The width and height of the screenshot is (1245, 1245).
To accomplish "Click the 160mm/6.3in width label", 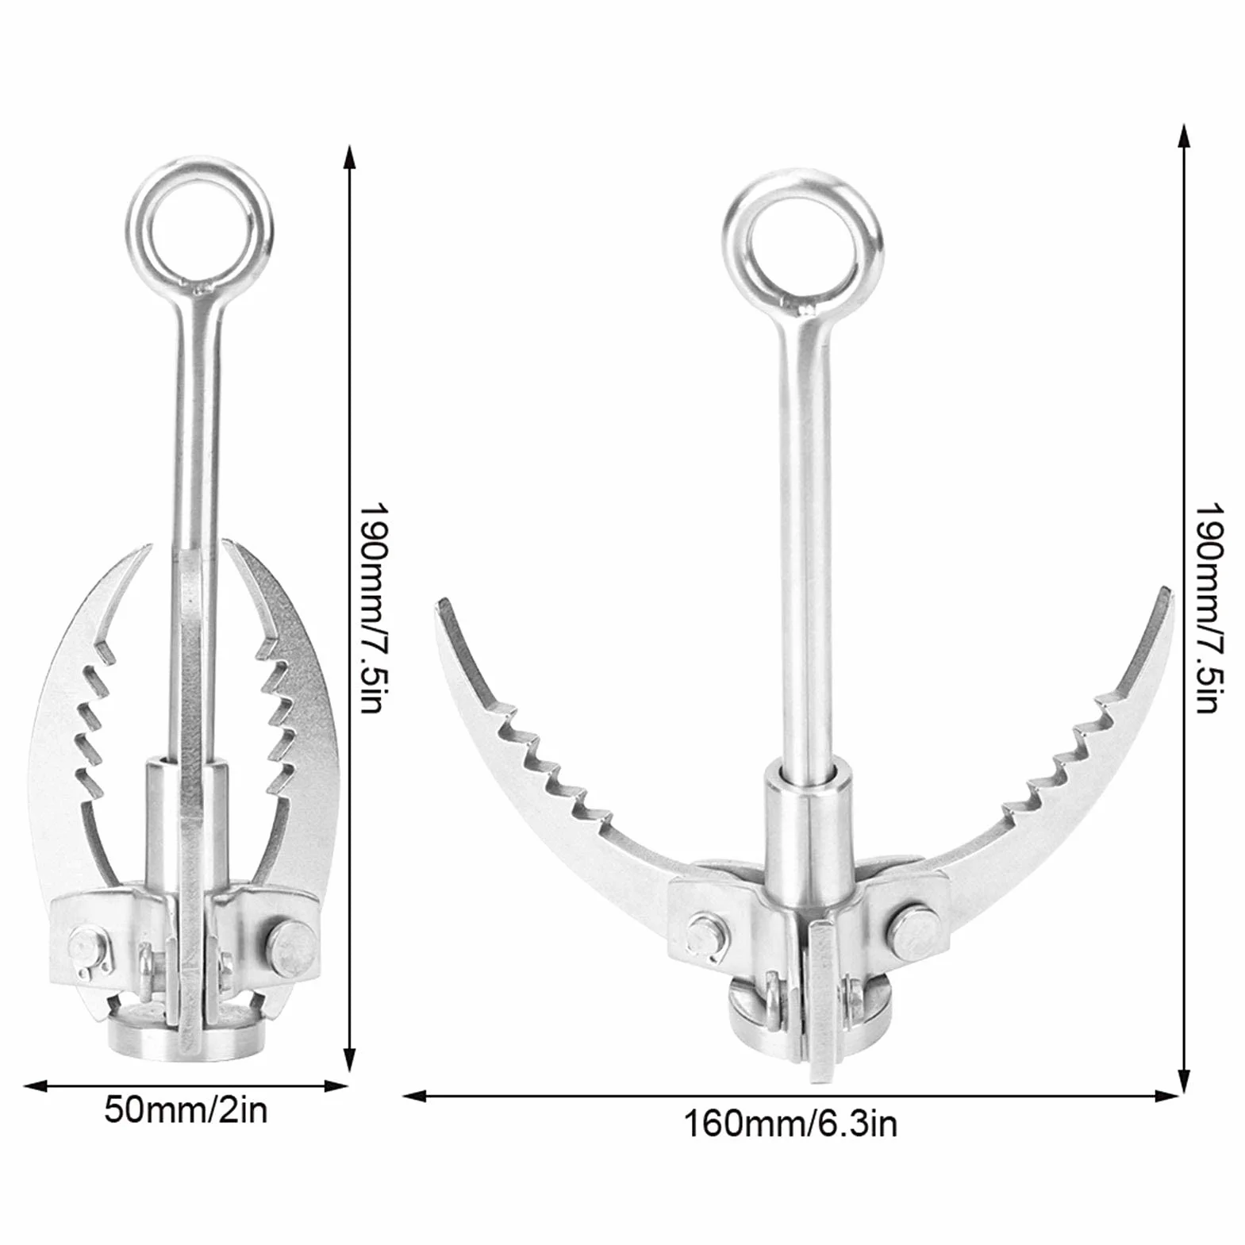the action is point(791,1124).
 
